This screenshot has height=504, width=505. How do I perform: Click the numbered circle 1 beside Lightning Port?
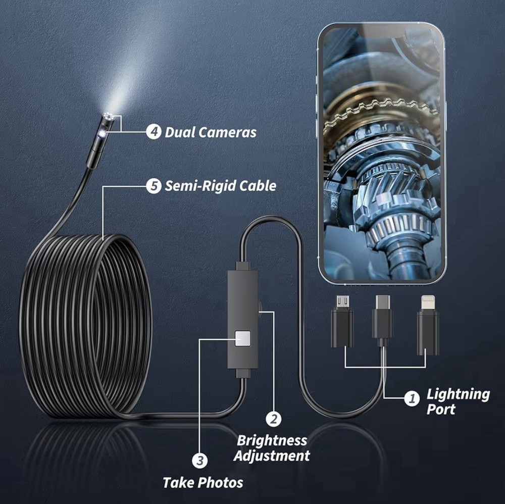click(x=412, y=398)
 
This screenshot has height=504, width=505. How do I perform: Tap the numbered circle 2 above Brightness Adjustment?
click(x=274, y=419)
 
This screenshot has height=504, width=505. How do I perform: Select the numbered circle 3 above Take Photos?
click(x=200, y=460)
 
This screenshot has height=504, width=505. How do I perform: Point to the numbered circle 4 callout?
click(x=154, y=132)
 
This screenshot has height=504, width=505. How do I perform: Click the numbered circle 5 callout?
click(x=154, y=186)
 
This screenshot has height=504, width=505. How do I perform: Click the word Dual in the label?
click(x=179, y=132)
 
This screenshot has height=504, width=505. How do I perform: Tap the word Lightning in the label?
click(x=458, y=394)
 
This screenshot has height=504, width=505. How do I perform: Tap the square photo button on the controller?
click(x=242, y=339)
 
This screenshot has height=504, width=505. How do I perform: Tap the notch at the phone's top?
click(x=381, y=32)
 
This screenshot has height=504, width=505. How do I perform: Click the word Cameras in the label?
click(x=225, y=132)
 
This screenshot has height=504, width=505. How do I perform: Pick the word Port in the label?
click(x=440, y=409)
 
